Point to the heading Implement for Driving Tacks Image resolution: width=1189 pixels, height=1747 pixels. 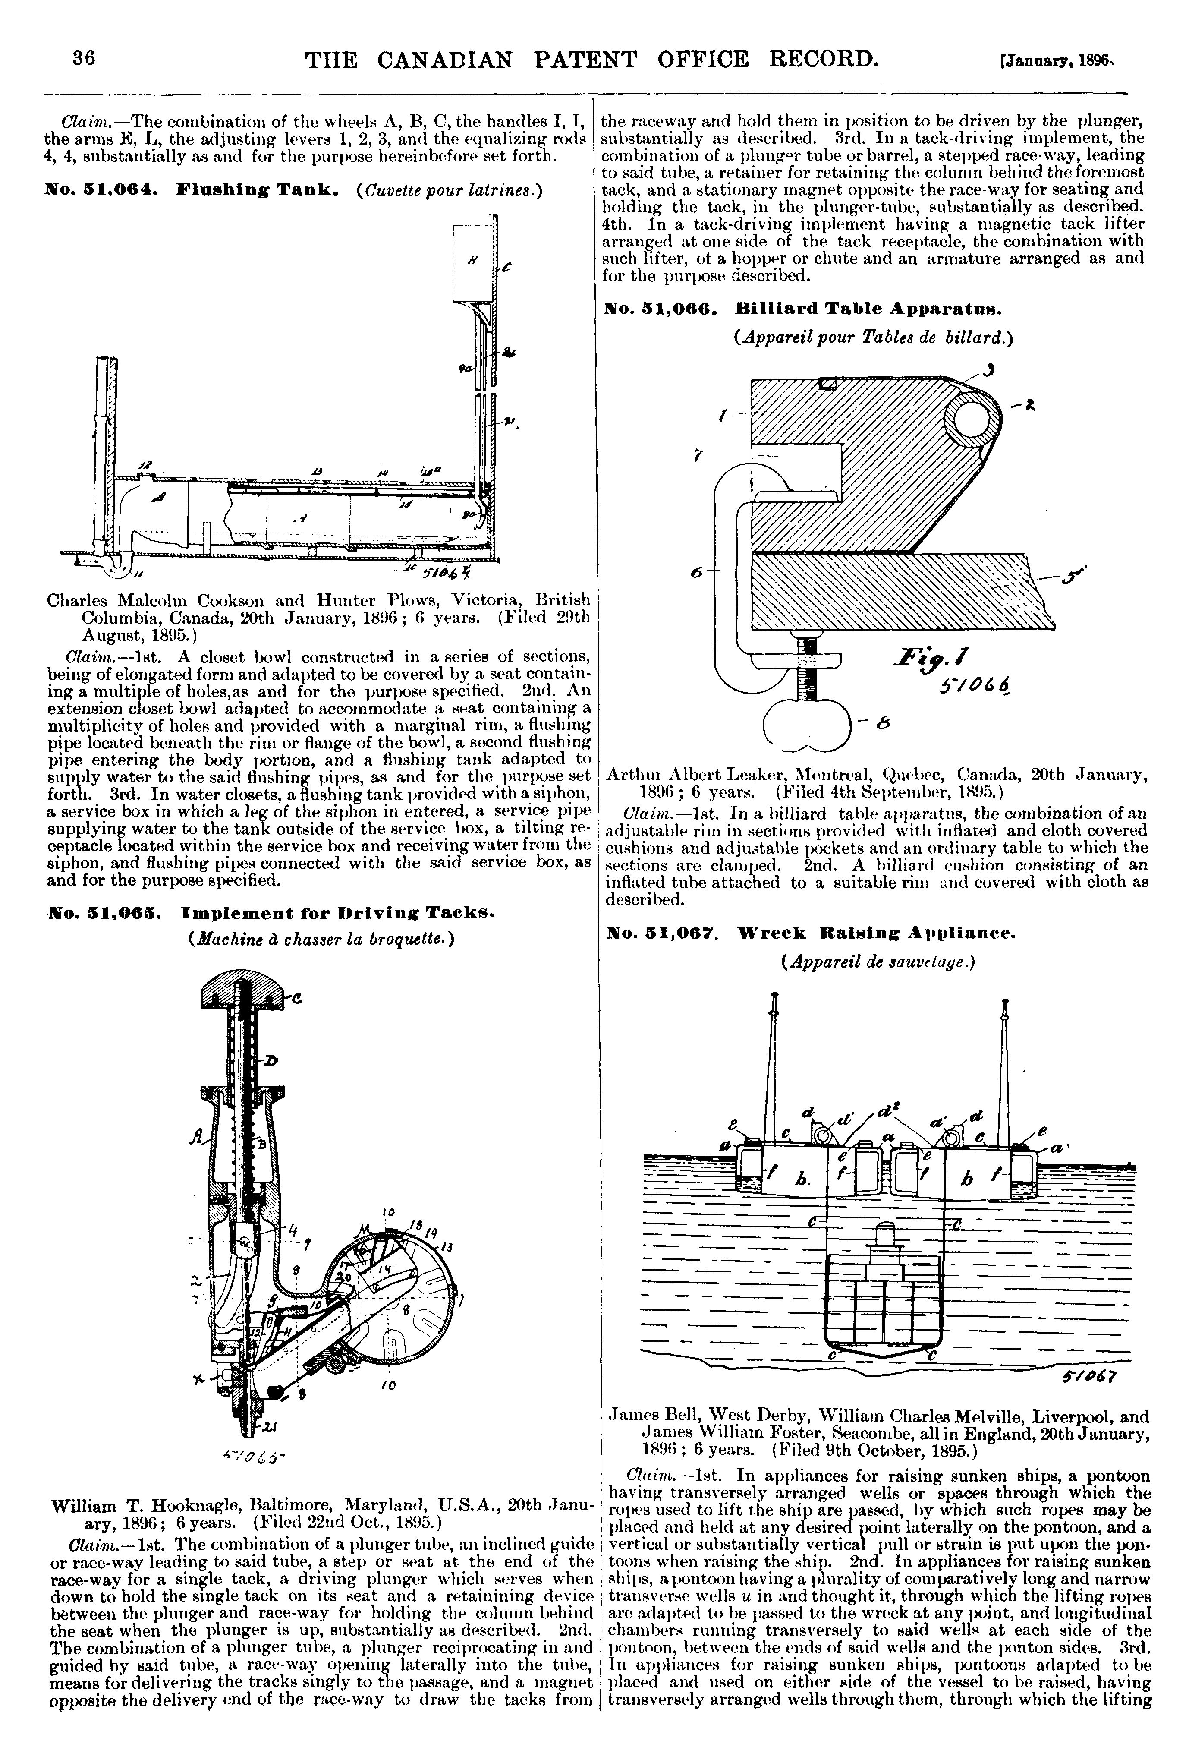(x=337, y=913)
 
